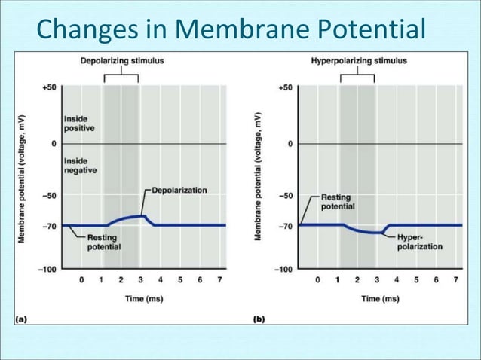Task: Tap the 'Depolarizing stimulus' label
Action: point(122,59)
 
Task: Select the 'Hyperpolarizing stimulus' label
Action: point(359,59)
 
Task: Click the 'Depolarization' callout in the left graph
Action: point(179,191)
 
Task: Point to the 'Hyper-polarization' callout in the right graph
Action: point(419,242)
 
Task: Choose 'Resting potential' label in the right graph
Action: point(336,202)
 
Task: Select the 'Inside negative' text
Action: point(81,165)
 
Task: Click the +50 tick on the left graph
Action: point(48,87)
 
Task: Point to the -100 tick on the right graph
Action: point(283,269)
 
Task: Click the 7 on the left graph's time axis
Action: point(219,280)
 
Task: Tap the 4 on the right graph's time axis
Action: point(397,280)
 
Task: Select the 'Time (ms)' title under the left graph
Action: point(144,299)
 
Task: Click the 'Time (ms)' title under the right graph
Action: point(380,299)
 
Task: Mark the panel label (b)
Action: point(259,319)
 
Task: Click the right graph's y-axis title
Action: point(259,178)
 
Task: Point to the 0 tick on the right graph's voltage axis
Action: point(289,143)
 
